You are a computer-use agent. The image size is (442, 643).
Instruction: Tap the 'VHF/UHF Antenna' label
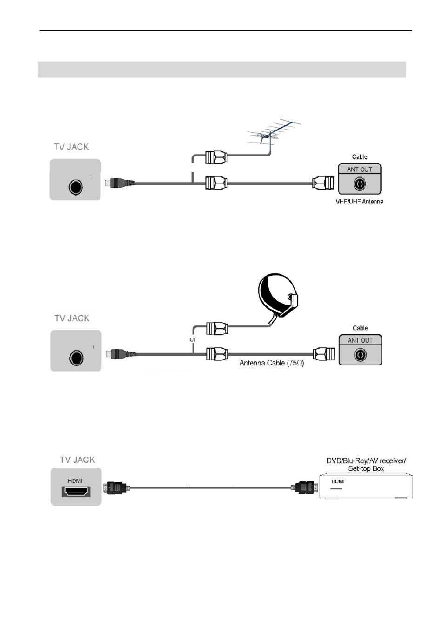(359, 202)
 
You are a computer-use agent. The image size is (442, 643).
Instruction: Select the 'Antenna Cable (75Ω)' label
(272, 363)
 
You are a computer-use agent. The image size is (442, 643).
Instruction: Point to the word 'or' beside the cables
(193, 339)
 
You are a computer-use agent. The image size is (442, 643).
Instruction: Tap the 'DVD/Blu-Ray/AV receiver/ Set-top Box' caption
(366, 465)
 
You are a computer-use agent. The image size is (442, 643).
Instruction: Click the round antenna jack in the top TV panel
(75, 187)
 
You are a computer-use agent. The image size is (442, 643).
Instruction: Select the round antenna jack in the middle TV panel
(76, 358)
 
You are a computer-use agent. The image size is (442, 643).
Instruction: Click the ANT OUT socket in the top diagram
(360, 184)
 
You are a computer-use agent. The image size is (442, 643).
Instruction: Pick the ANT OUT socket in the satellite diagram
(360, 355)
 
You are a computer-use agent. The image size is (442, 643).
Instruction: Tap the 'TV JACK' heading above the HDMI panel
(77, 460)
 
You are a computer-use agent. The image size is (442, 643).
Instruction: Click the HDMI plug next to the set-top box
(305, 488)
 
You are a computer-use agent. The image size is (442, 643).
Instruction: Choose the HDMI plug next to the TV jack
(116, 488)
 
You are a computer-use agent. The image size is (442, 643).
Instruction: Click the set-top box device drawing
(366, 487)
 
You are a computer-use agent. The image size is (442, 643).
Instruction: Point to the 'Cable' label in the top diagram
(360, 157)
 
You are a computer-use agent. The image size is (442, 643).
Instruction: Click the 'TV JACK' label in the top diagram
(71, 147)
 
